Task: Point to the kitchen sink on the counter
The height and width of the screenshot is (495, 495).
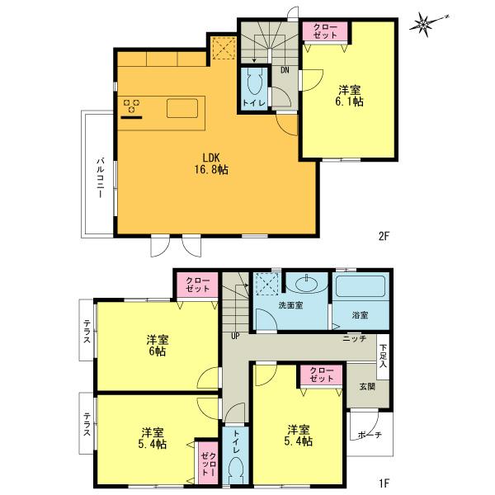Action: coord(181,108)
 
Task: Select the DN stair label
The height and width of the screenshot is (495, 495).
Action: coord(284,70)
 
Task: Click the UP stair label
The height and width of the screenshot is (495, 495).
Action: coord(235,335)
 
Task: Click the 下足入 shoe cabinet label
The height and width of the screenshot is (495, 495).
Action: coord(384,355)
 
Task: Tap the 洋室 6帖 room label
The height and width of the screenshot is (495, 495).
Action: coord(158,346)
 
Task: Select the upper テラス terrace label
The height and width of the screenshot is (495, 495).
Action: coord(87,334)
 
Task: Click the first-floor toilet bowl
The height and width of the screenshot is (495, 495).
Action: coord(235,469)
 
